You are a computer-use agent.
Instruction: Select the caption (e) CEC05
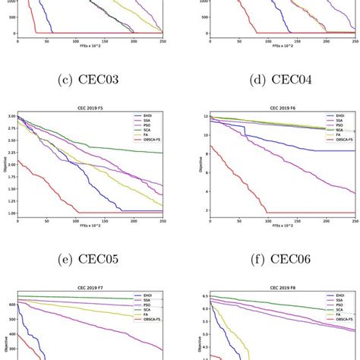click(x=93, y=257)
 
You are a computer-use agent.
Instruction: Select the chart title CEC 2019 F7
click(x=90, y=291)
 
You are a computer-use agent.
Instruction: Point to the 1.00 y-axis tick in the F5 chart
click(x=9, y=213)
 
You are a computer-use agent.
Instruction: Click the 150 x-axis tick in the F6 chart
click(x=297, y=222)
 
